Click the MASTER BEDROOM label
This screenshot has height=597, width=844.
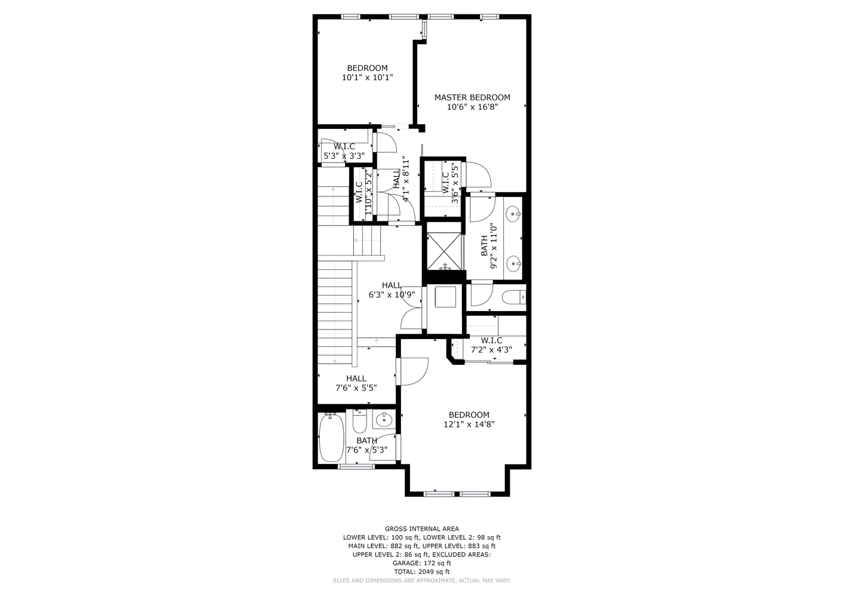pyautogui.click(x=472, y=98)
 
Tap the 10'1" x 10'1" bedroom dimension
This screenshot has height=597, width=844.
pyautogui.click(x=367, y=78)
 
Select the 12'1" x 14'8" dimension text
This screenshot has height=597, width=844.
pyautogui.click(x=469, y=424)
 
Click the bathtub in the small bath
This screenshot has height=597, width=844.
pyautogui.click(x=332, y=437)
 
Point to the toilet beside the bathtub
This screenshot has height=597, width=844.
pyautogui.click(x=359, y=421)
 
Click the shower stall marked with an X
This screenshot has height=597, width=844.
pyautogui.click(x=444, y=251)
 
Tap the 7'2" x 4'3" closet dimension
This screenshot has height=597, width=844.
pyautogui.click(x=491, y=350)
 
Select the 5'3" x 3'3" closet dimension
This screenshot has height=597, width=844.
pyautogui.click(x=344, y=156)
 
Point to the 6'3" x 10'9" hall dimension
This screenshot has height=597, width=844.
pyautogui.click(x=392, y=295)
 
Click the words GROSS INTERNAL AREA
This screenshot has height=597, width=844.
pyautogui.click(x=421, y=529)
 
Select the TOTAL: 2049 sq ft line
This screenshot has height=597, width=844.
pyautogui.click(x=421, y=572)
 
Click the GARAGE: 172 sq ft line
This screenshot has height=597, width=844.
pyautogui.click(x=421, y=563)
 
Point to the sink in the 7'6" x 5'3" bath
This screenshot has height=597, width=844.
pyautogui.click(x=384, y=419)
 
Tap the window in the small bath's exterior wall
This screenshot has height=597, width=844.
pyautogui.click(x=356, y=467)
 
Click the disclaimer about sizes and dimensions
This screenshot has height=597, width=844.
pyautogui.click(x=421, y=580)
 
